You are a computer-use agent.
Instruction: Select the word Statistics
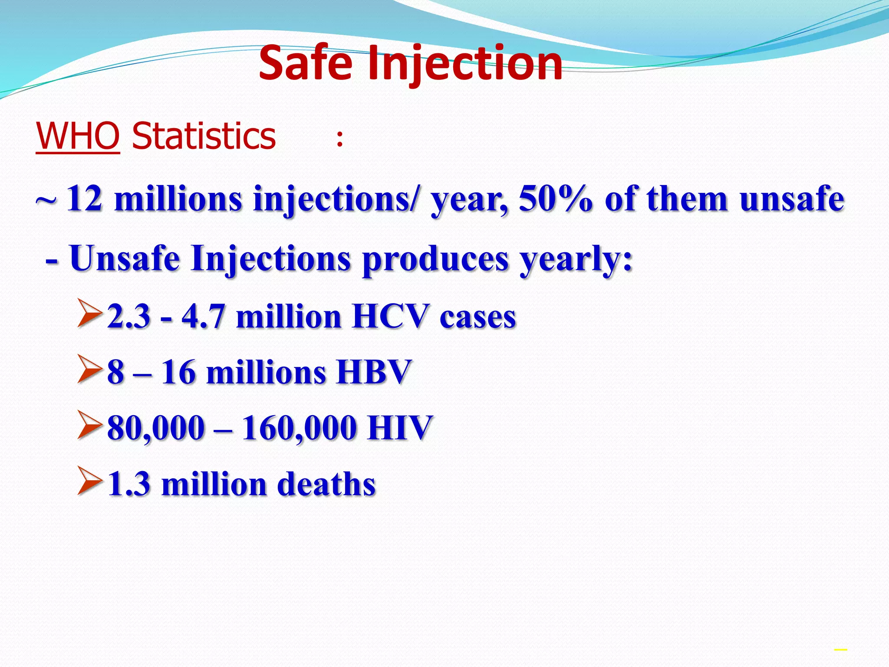click(x=204, y=136)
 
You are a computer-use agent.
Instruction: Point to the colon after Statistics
click(x=340, y=139)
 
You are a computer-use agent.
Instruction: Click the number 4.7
click(x=203, y=316)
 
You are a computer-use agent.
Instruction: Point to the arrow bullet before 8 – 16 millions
click(x=90, y=369)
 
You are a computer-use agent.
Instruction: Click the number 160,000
click(x=299, y=428)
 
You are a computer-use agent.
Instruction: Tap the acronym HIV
click(x=400, y=428)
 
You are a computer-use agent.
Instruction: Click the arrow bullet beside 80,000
click(x=90, y=424)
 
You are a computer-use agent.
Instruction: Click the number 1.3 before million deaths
click(x=128, y=484)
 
